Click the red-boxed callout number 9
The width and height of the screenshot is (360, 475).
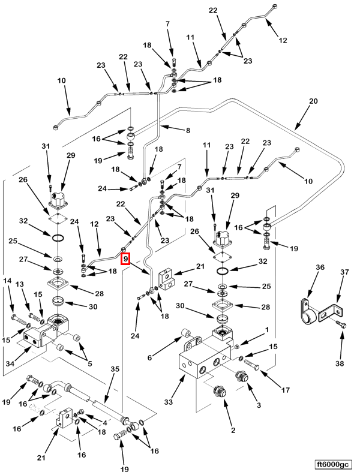point(125,259)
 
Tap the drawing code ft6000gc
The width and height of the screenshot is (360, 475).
point(333,464)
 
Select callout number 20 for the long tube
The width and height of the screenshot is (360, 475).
point(313,102)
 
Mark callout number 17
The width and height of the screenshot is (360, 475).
point(285,390)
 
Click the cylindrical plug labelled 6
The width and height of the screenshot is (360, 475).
point(187,333)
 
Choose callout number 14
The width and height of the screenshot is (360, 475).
point(8,281)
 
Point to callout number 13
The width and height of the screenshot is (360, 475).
point(20,284)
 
